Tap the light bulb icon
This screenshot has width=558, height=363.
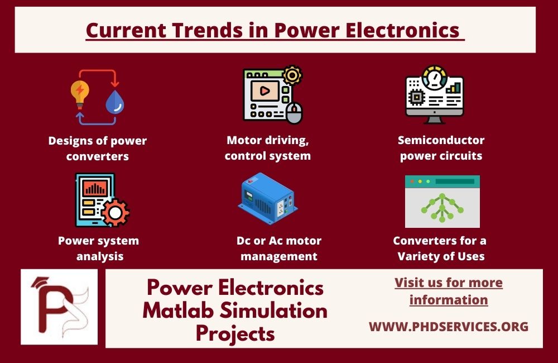click(x=80, y=93)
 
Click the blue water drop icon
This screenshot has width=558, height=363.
click(x=115, y=102)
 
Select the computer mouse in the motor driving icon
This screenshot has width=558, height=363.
click(x=294, y=114)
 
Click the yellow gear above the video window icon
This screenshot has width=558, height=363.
click(x=292, y=75)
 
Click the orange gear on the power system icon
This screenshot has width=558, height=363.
click(x=116, y=212)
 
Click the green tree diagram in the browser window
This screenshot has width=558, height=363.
click(x=442, y=208)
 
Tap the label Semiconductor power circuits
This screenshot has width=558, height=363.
click(x=441, y=148)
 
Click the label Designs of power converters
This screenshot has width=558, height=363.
click(x=97, y=148)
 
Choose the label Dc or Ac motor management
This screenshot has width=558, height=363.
click(x=279, y=249)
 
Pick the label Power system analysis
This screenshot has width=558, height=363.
click(x=98, y=249)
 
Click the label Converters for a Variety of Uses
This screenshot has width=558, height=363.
click(x=440, y=249)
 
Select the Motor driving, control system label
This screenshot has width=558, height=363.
click(x=268, y=148)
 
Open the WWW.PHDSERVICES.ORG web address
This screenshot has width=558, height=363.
click(x=449, y=326)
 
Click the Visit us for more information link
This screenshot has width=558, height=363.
click(x=449, y=291)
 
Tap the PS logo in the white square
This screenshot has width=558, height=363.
click(x=59, y=307)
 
